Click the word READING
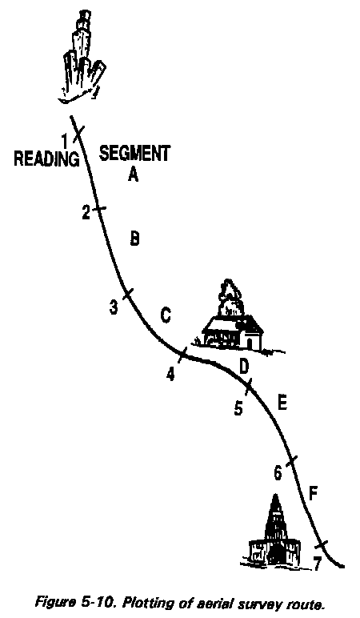46,159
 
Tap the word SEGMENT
134,154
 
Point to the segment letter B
134,239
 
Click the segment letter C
166,315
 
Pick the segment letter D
244,367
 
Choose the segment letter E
282,403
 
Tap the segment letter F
313,494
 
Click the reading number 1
66,140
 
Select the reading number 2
86,213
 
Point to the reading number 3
114,307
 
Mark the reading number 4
170,374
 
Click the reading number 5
238,408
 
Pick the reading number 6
278,473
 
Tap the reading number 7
317,564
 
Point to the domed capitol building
274,533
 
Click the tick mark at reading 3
128,294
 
